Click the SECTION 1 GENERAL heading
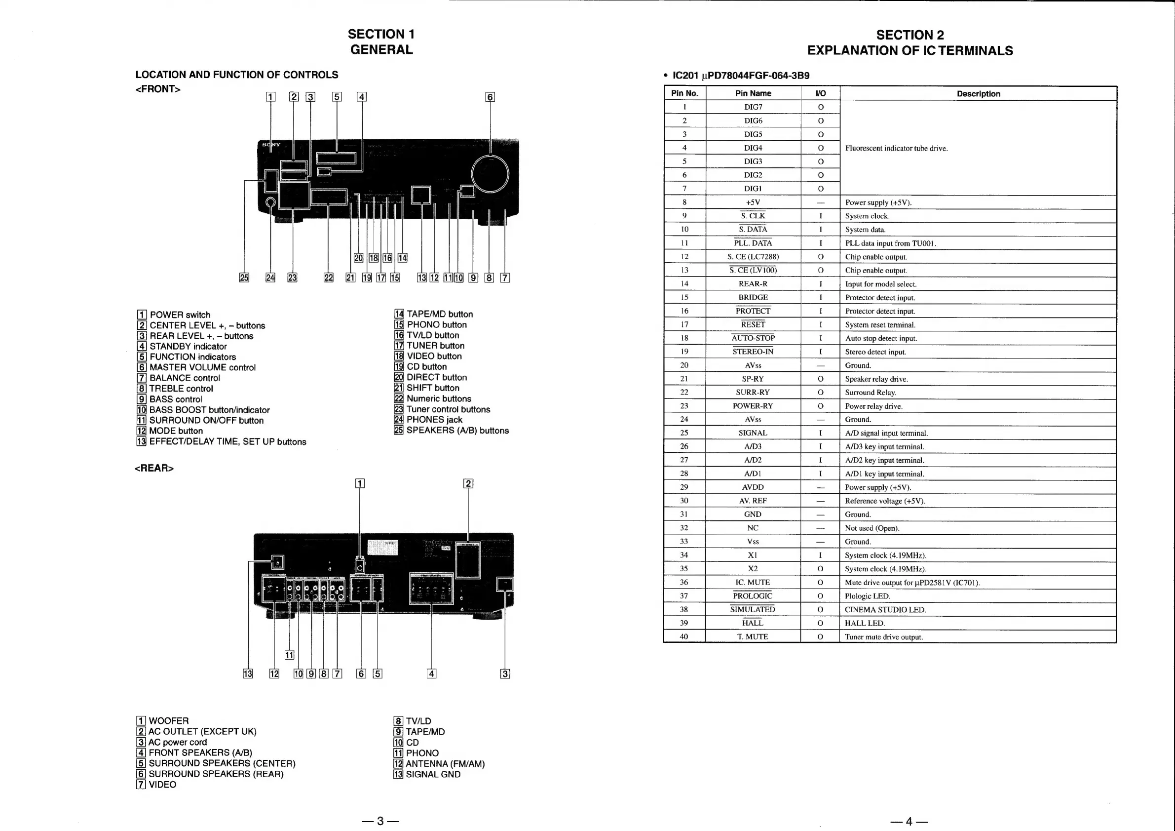pyautogui.click(x=381, y=42)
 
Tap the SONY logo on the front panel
pyautogui.click(x=271, y=145)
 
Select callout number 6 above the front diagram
pyautogui.click(x=490, y=97)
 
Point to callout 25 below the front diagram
pyautogui.click(x=244, y=277)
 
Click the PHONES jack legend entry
pyautogui.click(x=428, y=420)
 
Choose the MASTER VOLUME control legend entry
pyautogui.click(x=196, y=367)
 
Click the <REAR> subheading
pyautogui.click(x=154, y=468)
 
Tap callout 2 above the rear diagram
pyautogui.click(x=468, y=483)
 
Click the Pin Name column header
pyautogui.click(x=753, y=93)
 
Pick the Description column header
pyautogui.click(x=978, y=94)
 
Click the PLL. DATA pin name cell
pyautogui.click(x=753, y=243)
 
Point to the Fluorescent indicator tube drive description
pyautogui.click(x=896, y=149)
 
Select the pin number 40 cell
pyautogui.click(x=683, y=636)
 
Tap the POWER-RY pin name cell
pyautogui.click(x=753, y=406)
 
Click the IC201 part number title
pyautogui.click(x=741, y=76)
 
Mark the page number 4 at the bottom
pyautogui.click(x=909, y=821)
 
